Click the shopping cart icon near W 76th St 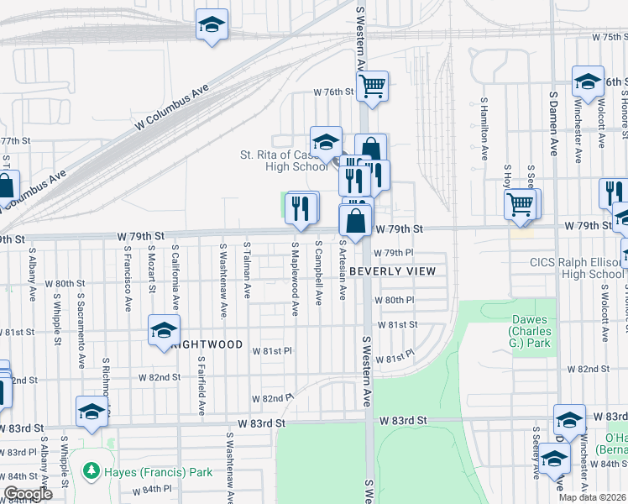372,86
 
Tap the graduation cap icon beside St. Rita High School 326,140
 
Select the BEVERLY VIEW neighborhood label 392,271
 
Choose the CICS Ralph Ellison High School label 577,268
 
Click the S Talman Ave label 247,270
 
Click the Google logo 28,494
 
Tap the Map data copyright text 592,497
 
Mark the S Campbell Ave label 319,275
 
